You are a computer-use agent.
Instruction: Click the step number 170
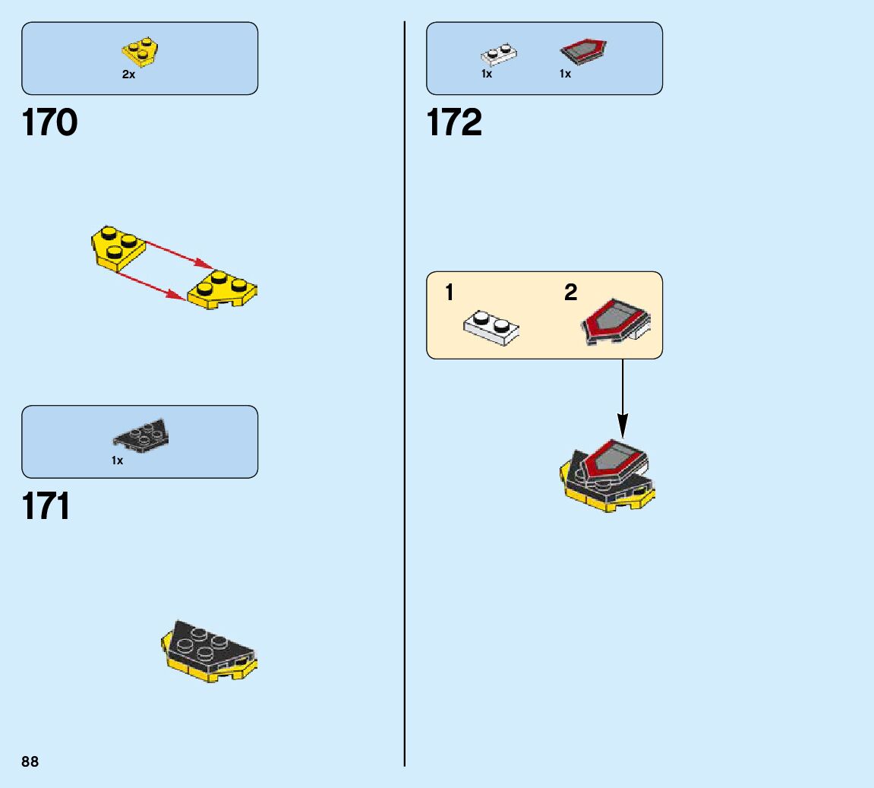coord(50,123)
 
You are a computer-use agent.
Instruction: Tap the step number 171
coord(46,507)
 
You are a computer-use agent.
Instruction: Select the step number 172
coord(454,123)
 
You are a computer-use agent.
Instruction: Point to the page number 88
coord(30,761)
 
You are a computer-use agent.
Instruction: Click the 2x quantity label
coord(128,75)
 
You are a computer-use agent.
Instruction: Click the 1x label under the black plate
coord(117,460)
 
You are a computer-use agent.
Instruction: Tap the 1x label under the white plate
coord(487,74)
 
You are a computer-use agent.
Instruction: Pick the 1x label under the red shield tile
coord(565,74)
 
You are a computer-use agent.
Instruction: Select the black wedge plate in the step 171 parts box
coord(142,434)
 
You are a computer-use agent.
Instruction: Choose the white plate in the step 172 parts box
coord(500,55)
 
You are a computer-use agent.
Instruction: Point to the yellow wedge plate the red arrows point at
coord(223,290)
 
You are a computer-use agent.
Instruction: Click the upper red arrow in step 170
coord(178,253)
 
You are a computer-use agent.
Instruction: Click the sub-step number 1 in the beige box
coord(450,293)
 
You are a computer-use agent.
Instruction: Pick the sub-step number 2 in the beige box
coord(571,293)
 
